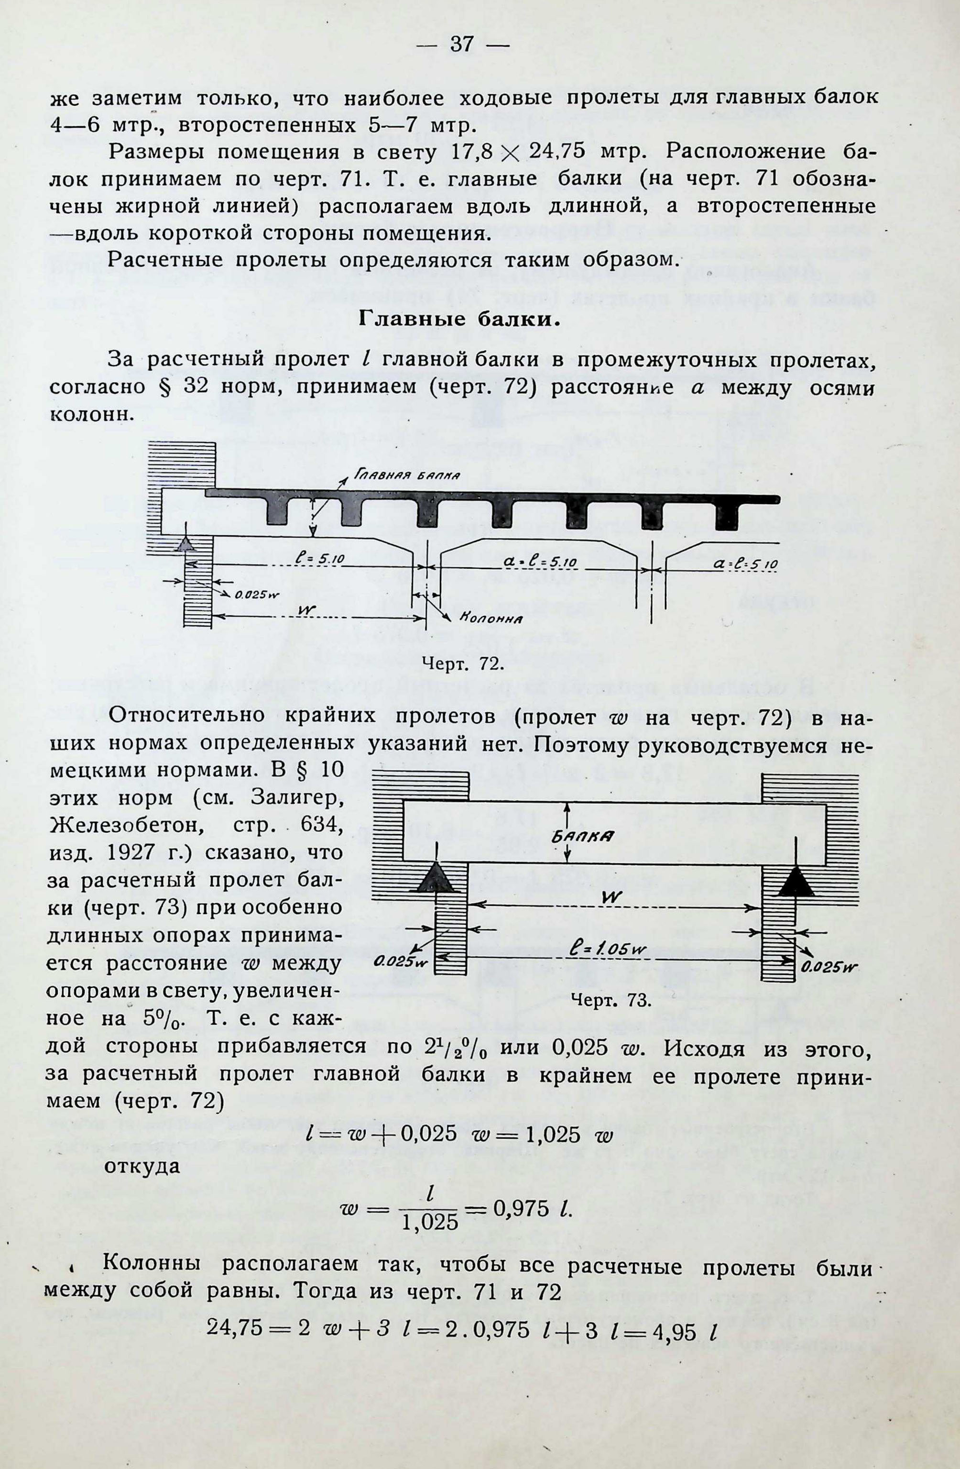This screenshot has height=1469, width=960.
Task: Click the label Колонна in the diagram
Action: tap(492, 619)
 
